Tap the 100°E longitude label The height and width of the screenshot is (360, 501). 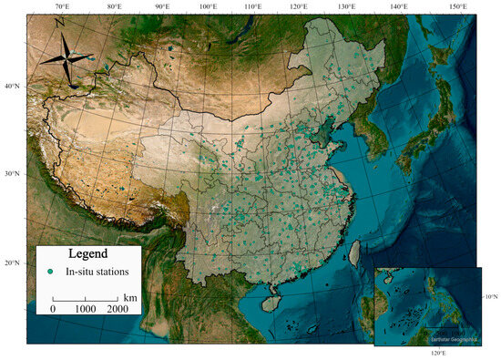(x=207, y=6)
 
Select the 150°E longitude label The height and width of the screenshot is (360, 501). (x=457, y=6)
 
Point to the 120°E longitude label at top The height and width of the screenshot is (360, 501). (x=298, y=6)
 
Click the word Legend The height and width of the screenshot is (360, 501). (x=88, y=253)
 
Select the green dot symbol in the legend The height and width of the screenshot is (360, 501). (x=52, y=272)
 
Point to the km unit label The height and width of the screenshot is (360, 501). (x=130, y=297)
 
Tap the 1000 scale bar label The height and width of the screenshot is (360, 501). (x=86, y=310)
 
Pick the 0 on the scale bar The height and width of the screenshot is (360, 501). (x=53, y=310)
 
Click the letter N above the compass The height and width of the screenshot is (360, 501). (x=59, y=22)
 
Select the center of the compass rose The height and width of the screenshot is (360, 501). (x=69, y=57)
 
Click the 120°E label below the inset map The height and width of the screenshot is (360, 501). (x=437, y=353)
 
